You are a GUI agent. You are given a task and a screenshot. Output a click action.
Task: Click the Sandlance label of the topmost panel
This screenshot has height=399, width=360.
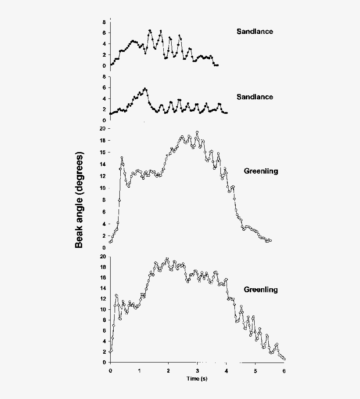tap(255, 31)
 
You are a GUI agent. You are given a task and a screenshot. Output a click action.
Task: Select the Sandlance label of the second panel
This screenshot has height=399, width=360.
tap(255, 97)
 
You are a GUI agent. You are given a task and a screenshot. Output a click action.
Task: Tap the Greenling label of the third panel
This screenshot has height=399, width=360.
tap(261, 171)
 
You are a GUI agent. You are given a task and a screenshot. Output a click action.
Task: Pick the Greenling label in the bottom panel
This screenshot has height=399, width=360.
tap(261, 290)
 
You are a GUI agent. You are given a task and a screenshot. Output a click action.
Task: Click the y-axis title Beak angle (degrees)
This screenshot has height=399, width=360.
tap(79, 200)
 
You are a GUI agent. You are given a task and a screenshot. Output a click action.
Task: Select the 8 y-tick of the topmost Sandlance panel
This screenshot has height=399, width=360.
tap(104, 22)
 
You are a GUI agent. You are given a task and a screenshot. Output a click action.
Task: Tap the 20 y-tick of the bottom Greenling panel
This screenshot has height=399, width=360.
tap(102, 257)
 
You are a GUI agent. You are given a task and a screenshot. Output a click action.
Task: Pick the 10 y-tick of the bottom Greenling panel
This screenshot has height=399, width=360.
tap(102, 309)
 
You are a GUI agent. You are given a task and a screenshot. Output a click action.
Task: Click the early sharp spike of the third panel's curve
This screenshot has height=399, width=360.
tap(122, 158)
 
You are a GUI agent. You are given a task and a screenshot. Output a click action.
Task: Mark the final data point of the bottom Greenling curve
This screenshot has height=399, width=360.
tap(284, 359)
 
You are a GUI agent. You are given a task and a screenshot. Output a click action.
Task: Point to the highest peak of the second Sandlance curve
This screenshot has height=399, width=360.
tap(145, 89)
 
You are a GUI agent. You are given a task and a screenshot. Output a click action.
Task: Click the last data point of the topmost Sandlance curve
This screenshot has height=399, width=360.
tap(217, 65)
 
